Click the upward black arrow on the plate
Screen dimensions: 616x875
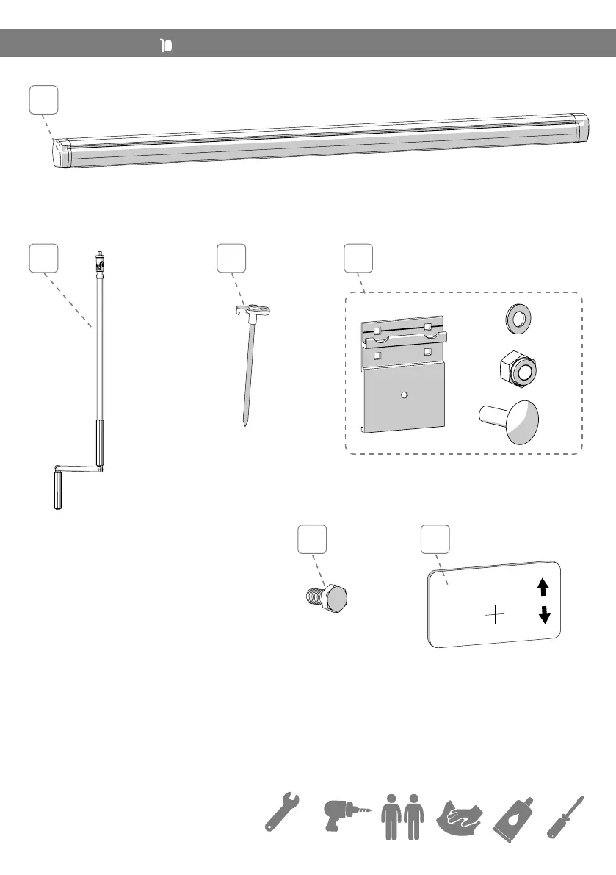tap(543, 586)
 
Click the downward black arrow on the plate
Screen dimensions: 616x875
tap(544, 614)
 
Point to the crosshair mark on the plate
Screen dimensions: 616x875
tap(496, 613)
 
